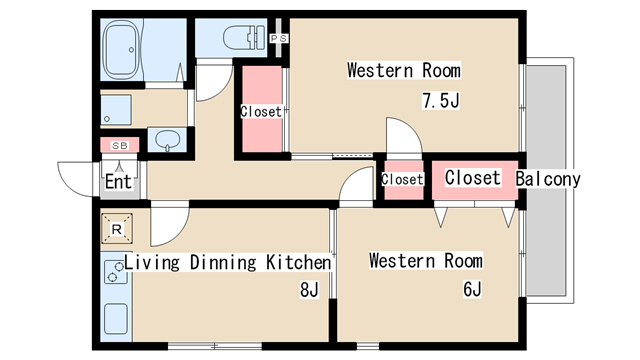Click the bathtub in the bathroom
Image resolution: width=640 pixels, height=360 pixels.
[121, 49]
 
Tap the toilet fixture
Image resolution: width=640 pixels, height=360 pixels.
[243, 38]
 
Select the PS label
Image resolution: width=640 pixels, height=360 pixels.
[279, 39]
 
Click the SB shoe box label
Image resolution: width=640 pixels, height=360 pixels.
[120, 145]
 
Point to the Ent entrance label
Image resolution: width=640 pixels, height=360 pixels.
[118, 181]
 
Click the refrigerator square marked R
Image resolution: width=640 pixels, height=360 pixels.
[117, 229]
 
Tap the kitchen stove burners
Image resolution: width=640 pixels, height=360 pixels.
[116, 272]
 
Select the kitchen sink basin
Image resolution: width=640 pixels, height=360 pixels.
[116, 319]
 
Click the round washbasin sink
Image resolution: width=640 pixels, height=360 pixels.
[168, 139]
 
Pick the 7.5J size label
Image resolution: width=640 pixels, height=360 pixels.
[441, 100]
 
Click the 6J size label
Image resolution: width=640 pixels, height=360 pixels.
[472, 289]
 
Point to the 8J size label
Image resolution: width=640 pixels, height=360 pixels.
[309, 289]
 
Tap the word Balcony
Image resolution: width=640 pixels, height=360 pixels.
[548, 179]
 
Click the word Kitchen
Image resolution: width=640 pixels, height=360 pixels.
[298, 262]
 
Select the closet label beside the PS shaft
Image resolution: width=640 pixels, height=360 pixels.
[261, 111]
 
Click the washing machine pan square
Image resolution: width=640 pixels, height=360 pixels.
[116, 109]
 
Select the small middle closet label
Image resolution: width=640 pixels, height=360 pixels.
[402, 179]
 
